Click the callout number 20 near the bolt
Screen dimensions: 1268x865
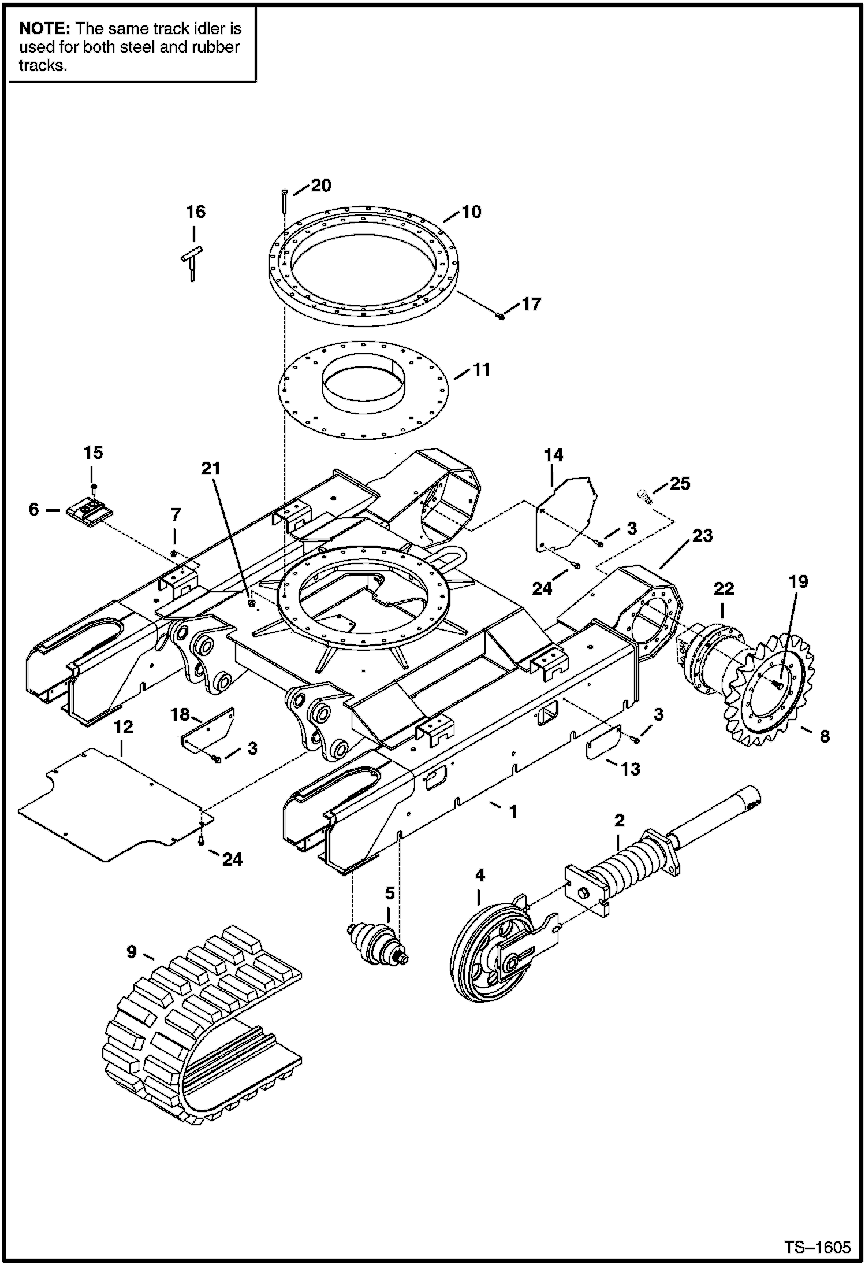tap(321, 186)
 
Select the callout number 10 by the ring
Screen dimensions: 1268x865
tap(471, 212)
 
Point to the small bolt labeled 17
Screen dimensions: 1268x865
tap(500, 316)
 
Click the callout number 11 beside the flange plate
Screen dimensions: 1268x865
tap(481, 370)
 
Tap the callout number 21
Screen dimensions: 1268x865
tap(211, 468)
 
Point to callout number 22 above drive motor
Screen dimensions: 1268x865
tap(724, 589)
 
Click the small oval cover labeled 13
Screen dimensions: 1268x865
tap(603, 743)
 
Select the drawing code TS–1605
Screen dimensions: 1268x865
tap(816, 1247)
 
